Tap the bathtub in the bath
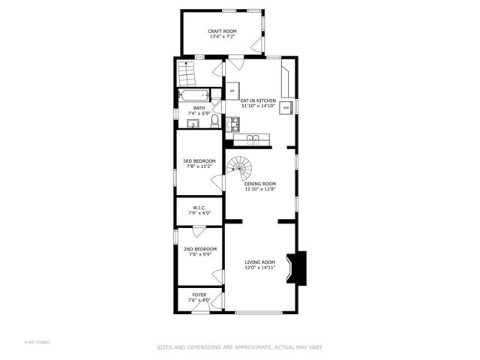tap(193, 95)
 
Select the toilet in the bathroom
tap(214, 121)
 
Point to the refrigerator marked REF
tap(232, 91)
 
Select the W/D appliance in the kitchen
tap(286, 108)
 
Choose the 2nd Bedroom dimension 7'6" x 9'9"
tap(199, 254)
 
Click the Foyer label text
tap(199, 295)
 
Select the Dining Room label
tap(259, 184)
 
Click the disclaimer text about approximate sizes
tap(240, 347)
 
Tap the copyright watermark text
tap(37, 343)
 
